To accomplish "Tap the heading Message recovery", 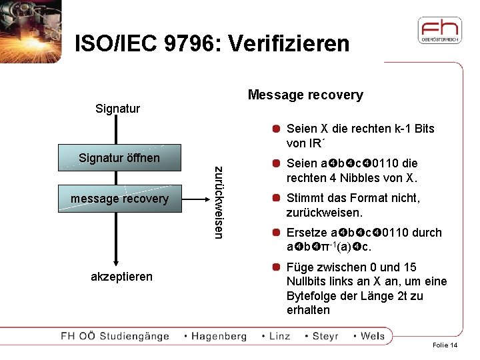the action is (305, 95).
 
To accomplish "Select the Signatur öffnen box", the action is (119, 158).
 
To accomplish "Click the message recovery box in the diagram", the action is (119, 199).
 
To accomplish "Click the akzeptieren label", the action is (121, 276).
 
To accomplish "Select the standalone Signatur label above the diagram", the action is (117, 108).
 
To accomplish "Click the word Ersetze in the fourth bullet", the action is (307, 233).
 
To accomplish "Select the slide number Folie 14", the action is (445, 345).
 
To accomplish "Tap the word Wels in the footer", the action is (373, 336).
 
